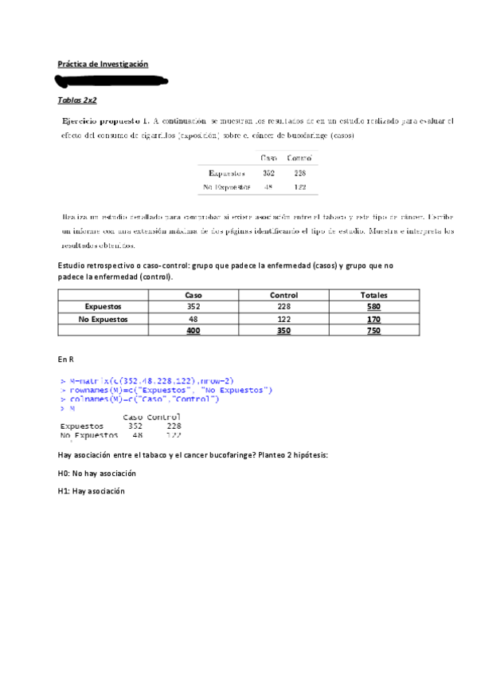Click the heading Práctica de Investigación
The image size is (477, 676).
pyautogui.click(x=103, y=64)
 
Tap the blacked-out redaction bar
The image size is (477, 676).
pyautogui.click(x=111, y=81)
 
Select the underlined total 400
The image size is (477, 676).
pyautogui.click(x=193, y=331)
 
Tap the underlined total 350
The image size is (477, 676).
pyautogui.click(x=283, y=331)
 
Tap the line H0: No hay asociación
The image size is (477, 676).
pyautogui.click(x=96, y=474)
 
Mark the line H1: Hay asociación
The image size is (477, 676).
pyautogui.click(x=92, y=492)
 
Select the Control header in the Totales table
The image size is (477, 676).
pyautogui.click(x=283, y=295)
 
